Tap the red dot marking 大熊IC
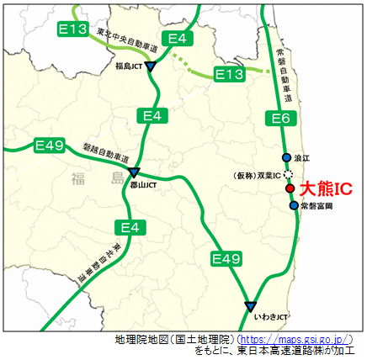pyautogui.click(x=290, y=189)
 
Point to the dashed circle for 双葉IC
pyautogui.click(x=289, y=174)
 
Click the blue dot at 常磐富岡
pyautogui.click(x=293, y=205)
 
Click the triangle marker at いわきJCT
pyautogui.click(x=250, y=305)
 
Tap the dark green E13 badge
pyautogui.click(x=74, y=30)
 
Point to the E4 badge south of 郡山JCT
pyautogui.click(x=130, y=227)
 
